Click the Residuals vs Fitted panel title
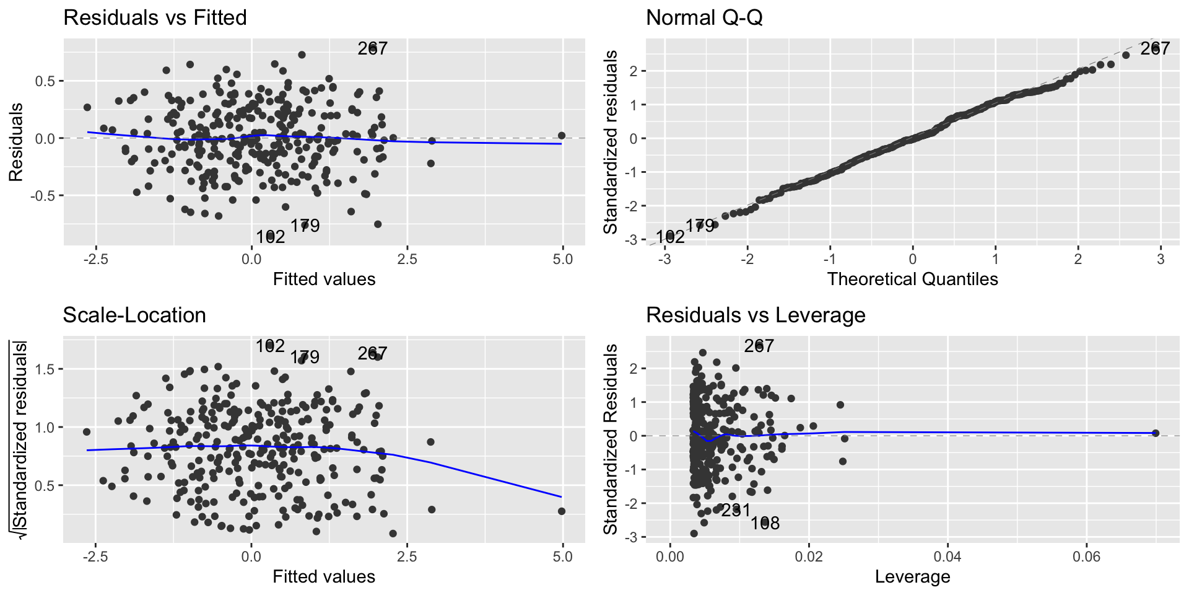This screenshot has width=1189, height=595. pyautogui.click(x=155, y=17)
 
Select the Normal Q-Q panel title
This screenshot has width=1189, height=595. pyautogui.click(x=704, y=17)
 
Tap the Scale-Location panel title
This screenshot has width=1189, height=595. pyautogui.click(x=134, y=315)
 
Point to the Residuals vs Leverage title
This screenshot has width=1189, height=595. pyautogui.click(x=756, y=315)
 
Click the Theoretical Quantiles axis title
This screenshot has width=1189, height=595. pyautogui.click(x=912, y=279)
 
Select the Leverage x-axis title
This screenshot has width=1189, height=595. pyautogui.click(x=912, y=576)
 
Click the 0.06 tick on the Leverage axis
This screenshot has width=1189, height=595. pyautogui.click(x=1087, y=557)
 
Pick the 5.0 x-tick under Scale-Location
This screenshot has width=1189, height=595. pyautogui.click(x=562, y=557)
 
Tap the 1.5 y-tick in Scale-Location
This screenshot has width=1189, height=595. pyautogui.click(x=45, y=369)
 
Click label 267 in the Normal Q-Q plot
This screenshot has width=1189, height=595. pyautogui.click(x=1155, y=48)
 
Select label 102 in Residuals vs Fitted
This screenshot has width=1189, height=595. pyautogui.click(x=271, y=237)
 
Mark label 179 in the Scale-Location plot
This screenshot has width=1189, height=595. pyautogui.click(x=305, y=357)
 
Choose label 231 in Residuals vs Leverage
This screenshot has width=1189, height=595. pyautogui.click(x=736, y=511)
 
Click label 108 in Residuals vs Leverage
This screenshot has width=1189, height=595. pyautogui.click(x=765, y=524)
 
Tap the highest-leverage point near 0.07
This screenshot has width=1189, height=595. pyautogui.click(x=1156, y=433)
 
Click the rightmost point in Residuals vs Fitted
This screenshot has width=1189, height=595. pyautogui.click(x=562, y=135)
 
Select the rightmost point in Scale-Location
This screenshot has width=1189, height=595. pyautogui.click(x=562, y=511)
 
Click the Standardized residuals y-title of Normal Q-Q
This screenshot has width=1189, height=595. pyautogui.click(x=611, y=142)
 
